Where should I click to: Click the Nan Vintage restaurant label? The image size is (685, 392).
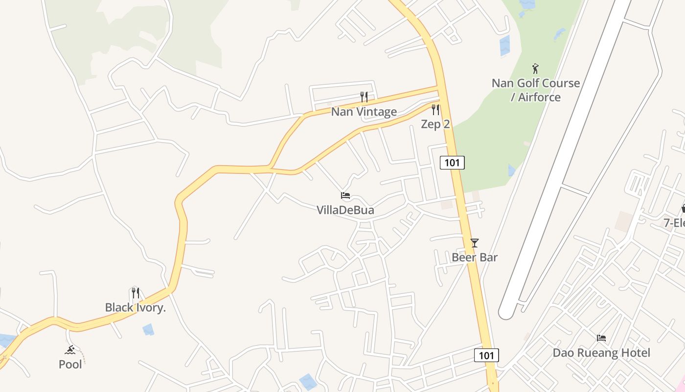pyautogui.click(x=364, y=112)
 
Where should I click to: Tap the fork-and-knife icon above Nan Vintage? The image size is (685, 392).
pyautogui.click(x=364, y=97)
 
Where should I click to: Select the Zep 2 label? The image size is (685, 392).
pyautogui.click(x=435, y=124)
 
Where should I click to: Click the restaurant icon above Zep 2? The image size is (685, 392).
pyautogui.click(x=435, y=110)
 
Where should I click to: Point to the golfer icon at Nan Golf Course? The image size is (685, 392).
pyautogui.click(x=535, y=69)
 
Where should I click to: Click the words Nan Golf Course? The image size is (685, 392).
pyautogui.click(x=536, y=83)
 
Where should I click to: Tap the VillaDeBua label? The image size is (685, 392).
pyautogui.click(x=345, y=210)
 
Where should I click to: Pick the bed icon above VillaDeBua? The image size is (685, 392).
pyautogui.click(x=345, y=196)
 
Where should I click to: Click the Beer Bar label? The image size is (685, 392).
pyautogui.click(x=474, y=257)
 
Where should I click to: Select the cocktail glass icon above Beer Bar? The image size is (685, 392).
pyautogui.click(x=474, y=243)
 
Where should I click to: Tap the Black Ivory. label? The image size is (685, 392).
pyautogui.click(x=136, y=308)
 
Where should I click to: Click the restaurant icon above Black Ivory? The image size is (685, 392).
pyautogui.click(x=136, y=293)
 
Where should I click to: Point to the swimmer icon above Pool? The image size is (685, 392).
pyautogui.click(x=70, y=350)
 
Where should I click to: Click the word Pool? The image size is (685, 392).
pyautogui.click(x=70, y=365)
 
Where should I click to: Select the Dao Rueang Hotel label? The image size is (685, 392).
pyautogui.click(x=601, y=353)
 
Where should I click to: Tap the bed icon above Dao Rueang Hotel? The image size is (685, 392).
pyautogui.click(x=601, y=338)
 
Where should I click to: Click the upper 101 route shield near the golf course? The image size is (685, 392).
pyautogui.click(x=452, y=162)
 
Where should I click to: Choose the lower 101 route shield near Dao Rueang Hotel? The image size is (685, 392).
pyautogui.click(x=486, y=355)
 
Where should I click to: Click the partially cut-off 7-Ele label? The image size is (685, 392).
pyautogui.click(x=674, y=223)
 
